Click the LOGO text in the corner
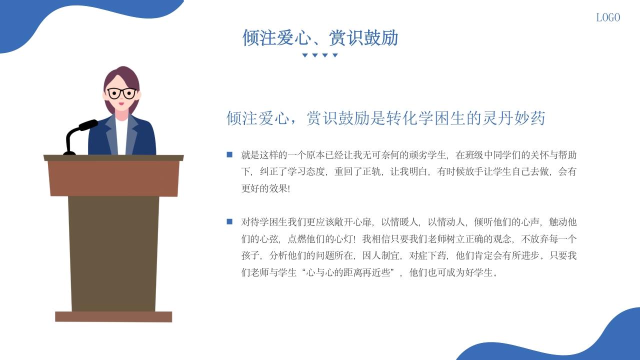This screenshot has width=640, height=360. (608, 17)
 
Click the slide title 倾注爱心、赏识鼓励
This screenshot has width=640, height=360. (320, 38)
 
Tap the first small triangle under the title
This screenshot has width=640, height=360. (305, 55)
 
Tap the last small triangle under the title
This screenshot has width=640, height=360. (335, 55)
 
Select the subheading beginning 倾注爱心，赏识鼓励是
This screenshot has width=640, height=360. (385, 118)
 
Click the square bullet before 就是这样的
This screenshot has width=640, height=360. (229, 154)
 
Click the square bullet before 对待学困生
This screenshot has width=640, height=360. (229, 221)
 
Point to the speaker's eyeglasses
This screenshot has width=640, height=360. (121, 93)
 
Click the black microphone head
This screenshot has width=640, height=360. (88, 124)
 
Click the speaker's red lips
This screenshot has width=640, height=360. (121, 103)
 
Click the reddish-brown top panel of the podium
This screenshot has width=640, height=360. (114, 178)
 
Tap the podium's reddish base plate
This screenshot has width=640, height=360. (113, 316)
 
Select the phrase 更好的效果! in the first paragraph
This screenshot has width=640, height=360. (265, 188)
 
